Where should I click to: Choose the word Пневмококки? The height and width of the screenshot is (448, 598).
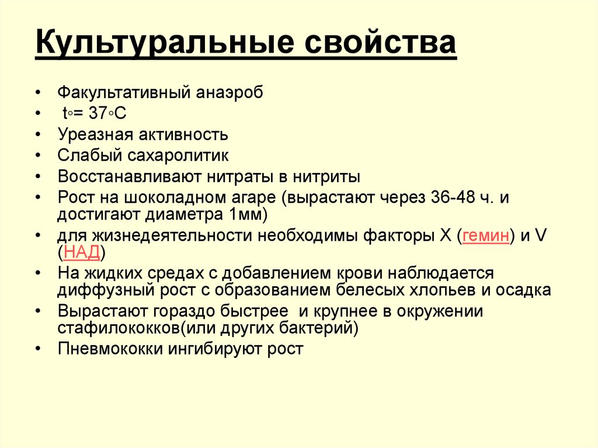click(103, 349)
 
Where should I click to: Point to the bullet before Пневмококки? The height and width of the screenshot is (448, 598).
click(38, 349)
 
